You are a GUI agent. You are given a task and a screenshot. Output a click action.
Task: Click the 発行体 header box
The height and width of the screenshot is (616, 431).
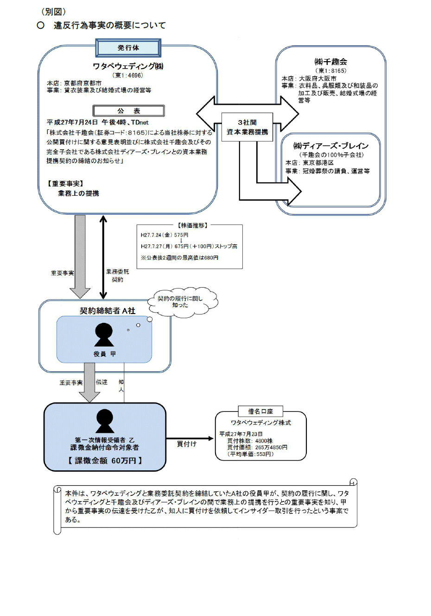(128, 48)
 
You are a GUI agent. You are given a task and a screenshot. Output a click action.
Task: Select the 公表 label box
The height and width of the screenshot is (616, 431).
(128, 111)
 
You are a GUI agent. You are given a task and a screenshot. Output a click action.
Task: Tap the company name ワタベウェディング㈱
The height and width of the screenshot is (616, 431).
(128, 66)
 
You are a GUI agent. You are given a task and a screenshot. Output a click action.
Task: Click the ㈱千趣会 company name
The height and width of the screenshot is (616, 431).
(330, 62)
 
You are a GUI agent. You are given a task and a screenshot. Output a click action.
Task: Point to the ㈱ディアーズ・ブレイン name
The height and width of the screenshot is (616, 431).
(331, 146)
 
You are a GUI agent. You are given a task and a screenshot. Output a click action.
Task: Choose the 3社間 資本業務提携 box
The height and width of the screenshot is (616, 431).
(247, 127)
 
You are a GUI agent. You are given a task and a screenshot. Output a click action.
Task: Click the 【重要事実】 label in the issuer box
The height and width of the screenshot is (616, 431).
(65, 184)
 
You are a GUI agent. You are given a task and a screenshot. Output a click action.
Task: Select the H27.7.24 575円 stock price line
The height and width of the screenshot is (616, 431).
(165, 235)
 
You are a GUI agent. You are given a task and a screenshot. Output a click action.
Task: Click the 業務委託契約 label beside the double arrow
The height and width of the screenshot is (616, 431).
(118, 276)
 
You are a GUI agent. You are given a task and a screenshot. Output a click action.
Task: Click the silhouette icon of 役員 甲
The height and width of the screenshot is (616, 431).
(104, 335)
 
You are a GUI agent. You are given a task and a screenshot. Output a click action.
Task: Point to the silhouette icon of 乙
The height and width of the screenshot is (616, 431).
(105, 421)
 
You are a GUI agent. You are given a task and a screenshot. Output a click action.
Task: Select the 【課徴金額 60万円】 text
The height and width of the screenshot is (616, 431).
(105, 461)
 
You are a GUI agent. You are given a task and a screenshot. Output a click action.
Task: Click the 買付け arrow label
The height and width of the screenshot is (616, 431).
(187, 444)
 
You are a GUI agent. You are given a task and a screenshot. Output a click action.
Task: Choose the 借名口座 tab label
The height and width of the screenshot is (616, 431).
(260, 411)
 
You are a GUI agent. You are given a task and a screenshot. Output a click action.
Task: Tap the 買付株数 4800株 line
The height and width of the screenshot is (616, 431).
(250, 441)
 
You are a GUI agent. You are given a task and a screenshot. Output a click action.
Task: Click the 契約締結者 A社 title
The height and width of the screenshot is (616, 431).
(108, 311)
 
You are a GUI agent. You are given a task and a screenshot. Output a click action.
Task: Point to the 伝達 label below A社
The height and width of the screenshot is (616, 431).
(102, 382)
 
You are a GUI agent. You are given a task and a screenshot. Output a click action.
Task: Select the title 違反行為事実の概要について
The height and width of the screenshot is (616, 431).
(110, 26)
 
